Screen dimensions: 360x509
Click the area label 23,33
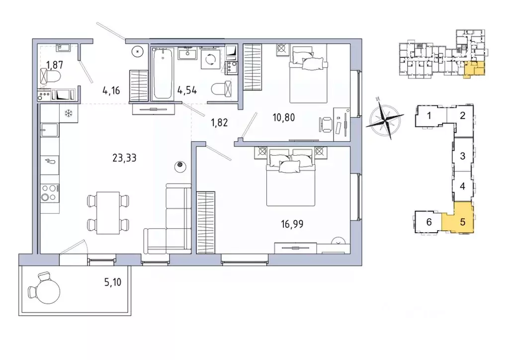125,158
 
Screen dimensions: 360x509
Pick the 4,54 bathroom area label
187,90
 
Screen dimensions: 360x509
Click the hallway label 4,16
112,90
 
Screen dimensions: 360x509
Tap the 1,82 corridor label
219,122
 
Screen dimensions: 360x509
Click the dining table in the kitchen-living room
108,212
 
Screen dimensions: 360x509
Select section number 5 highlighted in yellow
462,221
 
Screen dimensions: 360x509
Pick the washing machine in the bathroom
212,59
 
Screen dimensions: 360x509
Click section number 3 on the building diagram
462,156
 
